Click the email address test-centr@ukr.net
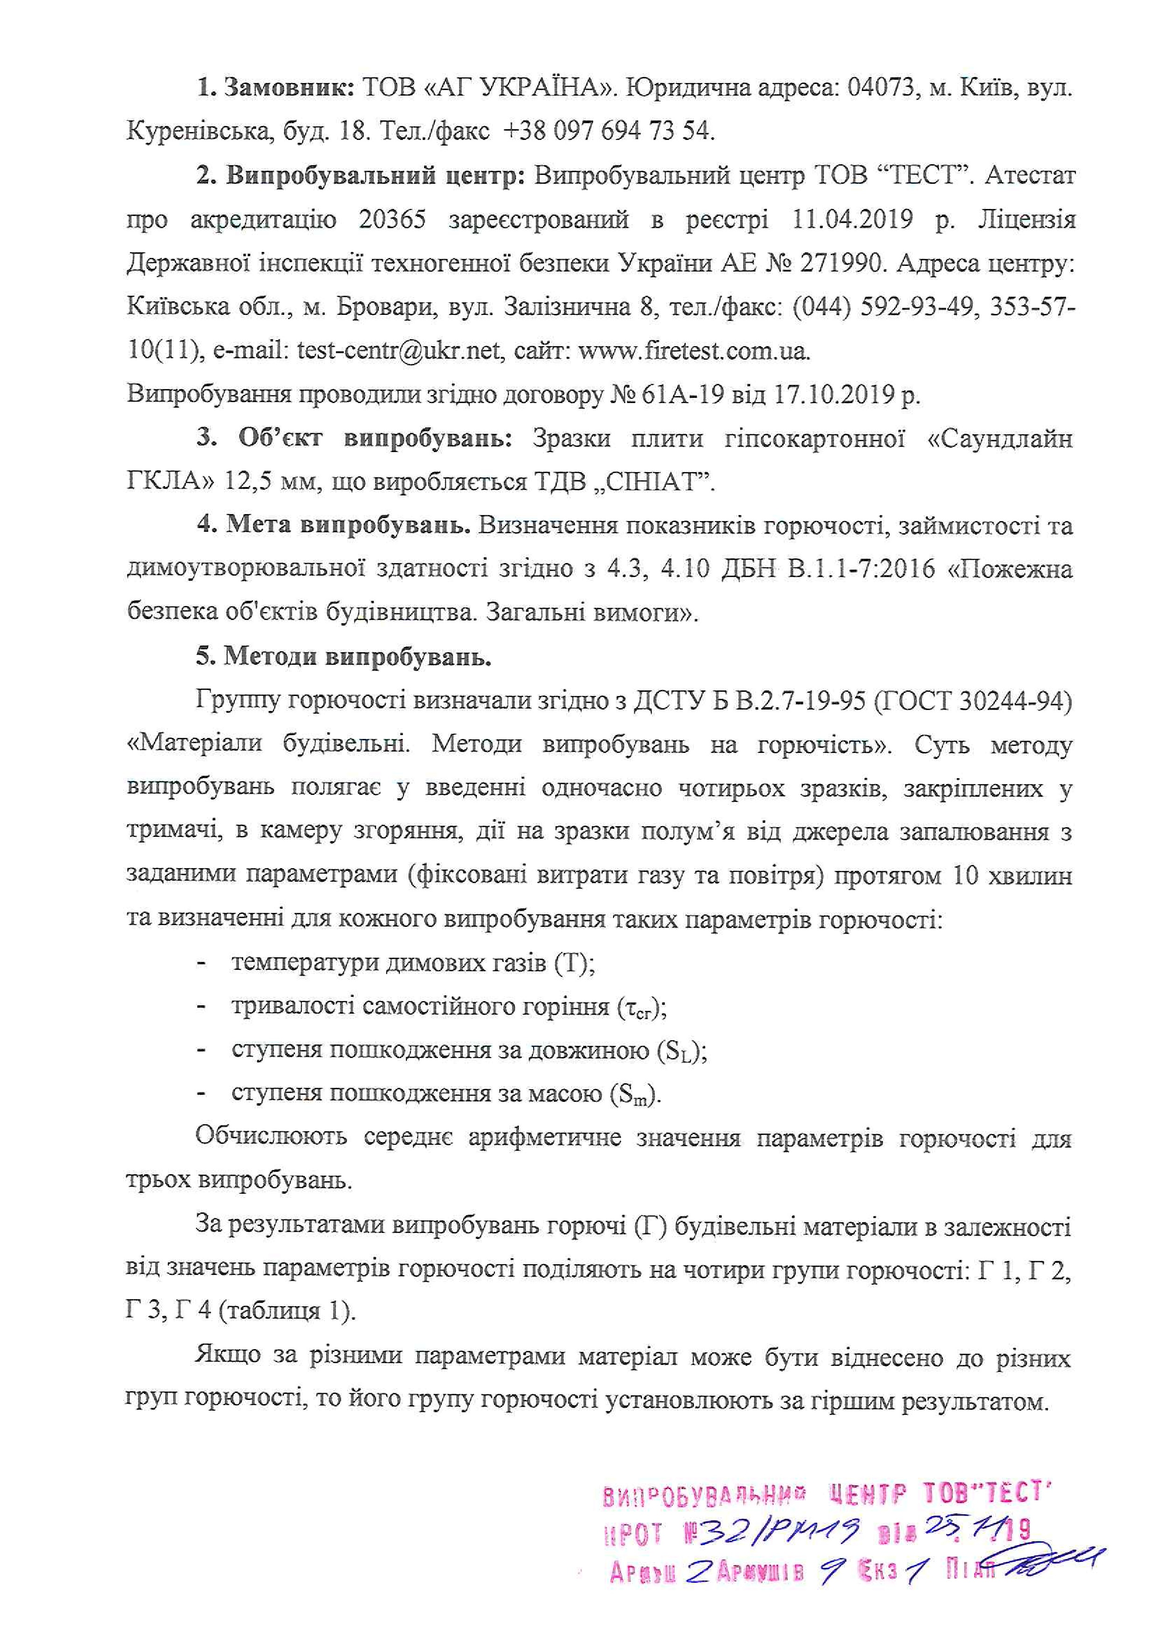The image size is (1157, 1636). pos(398,351)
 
